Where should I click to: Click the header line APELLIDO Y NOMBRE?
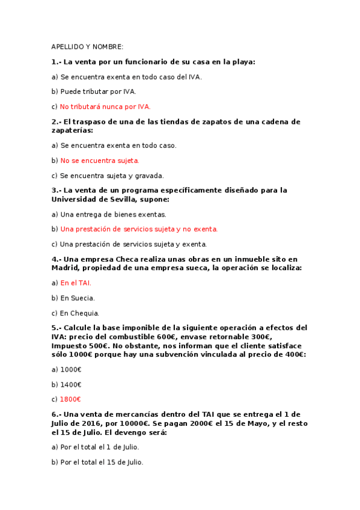tap(87, 47)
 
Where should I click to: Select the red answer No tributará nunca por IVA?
tap(105, 106)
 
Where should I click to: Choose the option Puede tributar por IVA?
tap(98, 91)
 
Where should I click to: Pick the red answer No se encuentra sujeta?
tap(100, 161)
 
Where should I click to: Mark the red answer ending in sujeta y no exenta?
tap(139, 229)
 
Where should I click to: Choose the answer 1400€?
tap(70, 384)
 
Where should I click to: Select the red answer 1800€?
tap(70, 399)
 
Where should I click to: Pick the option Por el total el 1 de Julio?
tap(99, 447)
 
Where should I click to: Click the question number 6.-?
tap(56, 414)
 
